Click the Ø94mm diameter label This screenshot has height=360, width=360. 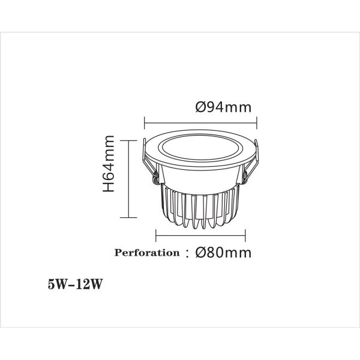[x=223, y=108]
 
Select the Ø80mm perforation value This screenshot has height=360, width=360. [x=223, y=253]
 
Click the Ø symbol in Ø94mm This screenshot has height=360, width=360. [x=202, y=108]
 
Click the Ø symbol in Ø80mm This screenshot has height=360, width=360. [x=202, y=253]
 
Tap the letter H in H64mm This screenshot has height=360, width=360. [x=109, y=187]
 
